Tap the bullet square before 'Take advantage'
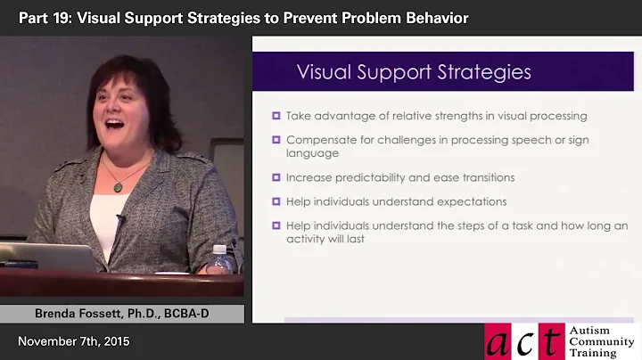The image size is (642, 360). tap(276, 116)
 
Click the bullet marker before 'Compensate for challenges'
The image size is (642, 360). tap(276, 140)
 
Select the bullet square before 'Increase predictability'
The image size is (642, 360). tap(276, 177)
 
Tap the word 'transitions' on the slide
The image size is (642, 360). tap(483, 177)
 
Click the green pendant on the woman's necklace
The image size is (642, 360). tap(118, 186)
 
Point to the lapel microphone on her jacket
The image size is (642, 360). tap(119, 219)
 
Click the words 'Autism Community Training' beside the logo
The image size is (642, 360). tap(602, 341)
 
